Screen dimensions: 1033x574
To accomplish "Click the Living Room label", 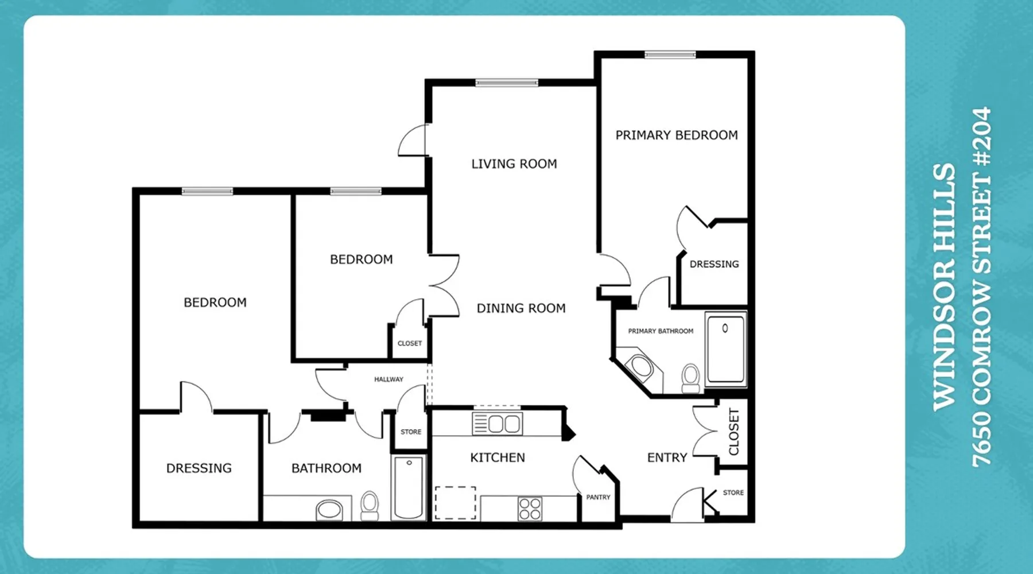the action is coord(514,164).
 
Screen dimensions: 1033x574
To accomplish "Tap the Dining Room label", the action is coord(521,308).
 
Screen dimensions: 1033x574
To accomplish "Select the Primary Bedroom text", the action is coord(677,135).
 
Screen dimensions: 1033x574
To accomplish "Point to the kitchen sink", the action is coord(497,424).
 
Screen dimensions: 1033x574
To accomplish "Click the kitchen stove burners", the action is coord(530,509).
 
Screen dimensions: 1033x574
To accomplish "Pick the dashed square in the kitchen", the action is coord(456,503).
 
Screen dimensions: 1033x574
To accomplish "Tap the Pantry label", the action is coord(598,497).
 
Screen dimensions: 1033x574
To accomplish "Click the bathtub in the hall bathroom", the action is coord(409,487).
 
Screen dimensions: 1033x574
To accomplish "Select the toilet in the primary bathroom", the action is coord(691,379).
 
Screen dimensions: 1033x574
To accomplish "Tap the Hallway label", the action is coord(389,379).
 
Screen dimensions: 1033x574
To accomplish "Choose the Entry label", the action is coord(667,457).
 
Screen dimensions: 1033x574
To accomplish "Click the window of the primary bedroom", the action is coord(670,55).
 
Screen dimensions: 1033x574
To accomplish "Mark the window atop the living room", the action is coord(507,83).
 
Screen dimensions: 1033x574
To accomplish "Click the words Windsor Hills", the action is coord(944,287).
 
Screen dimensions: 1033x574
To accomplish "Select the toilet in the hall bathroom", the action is coord(370,505).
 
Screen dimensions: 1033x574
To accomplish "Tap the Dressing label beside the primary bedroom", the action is coord(714,264).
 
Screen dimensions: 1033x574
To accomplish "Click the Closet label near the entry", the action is coord(733,432).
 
